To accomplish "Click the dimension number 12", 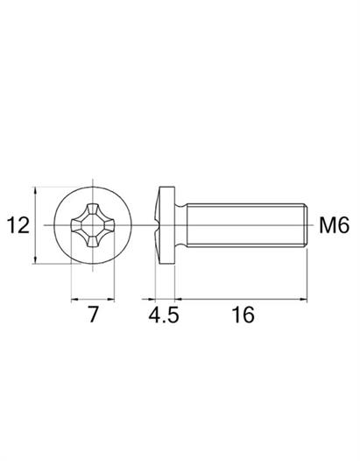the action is coord(18,225).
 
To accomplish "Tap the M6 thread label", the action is coord(335,225).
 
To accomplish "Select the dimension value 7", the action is coord(93,315).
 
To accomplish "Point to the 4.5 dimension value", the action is coord(164,315).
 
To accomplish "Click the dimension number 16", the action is coord(243,315).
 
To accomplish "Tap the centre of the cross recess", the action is coord(93,225).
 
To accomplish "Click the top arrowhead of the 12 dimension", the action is coord(36,190).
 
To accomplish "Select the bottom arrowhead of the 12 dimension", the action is coord(36,260).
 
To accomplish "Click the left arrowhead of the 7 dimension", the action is coord(75,300).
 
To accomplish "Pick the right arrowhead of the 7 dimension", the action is coord(110,300).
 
